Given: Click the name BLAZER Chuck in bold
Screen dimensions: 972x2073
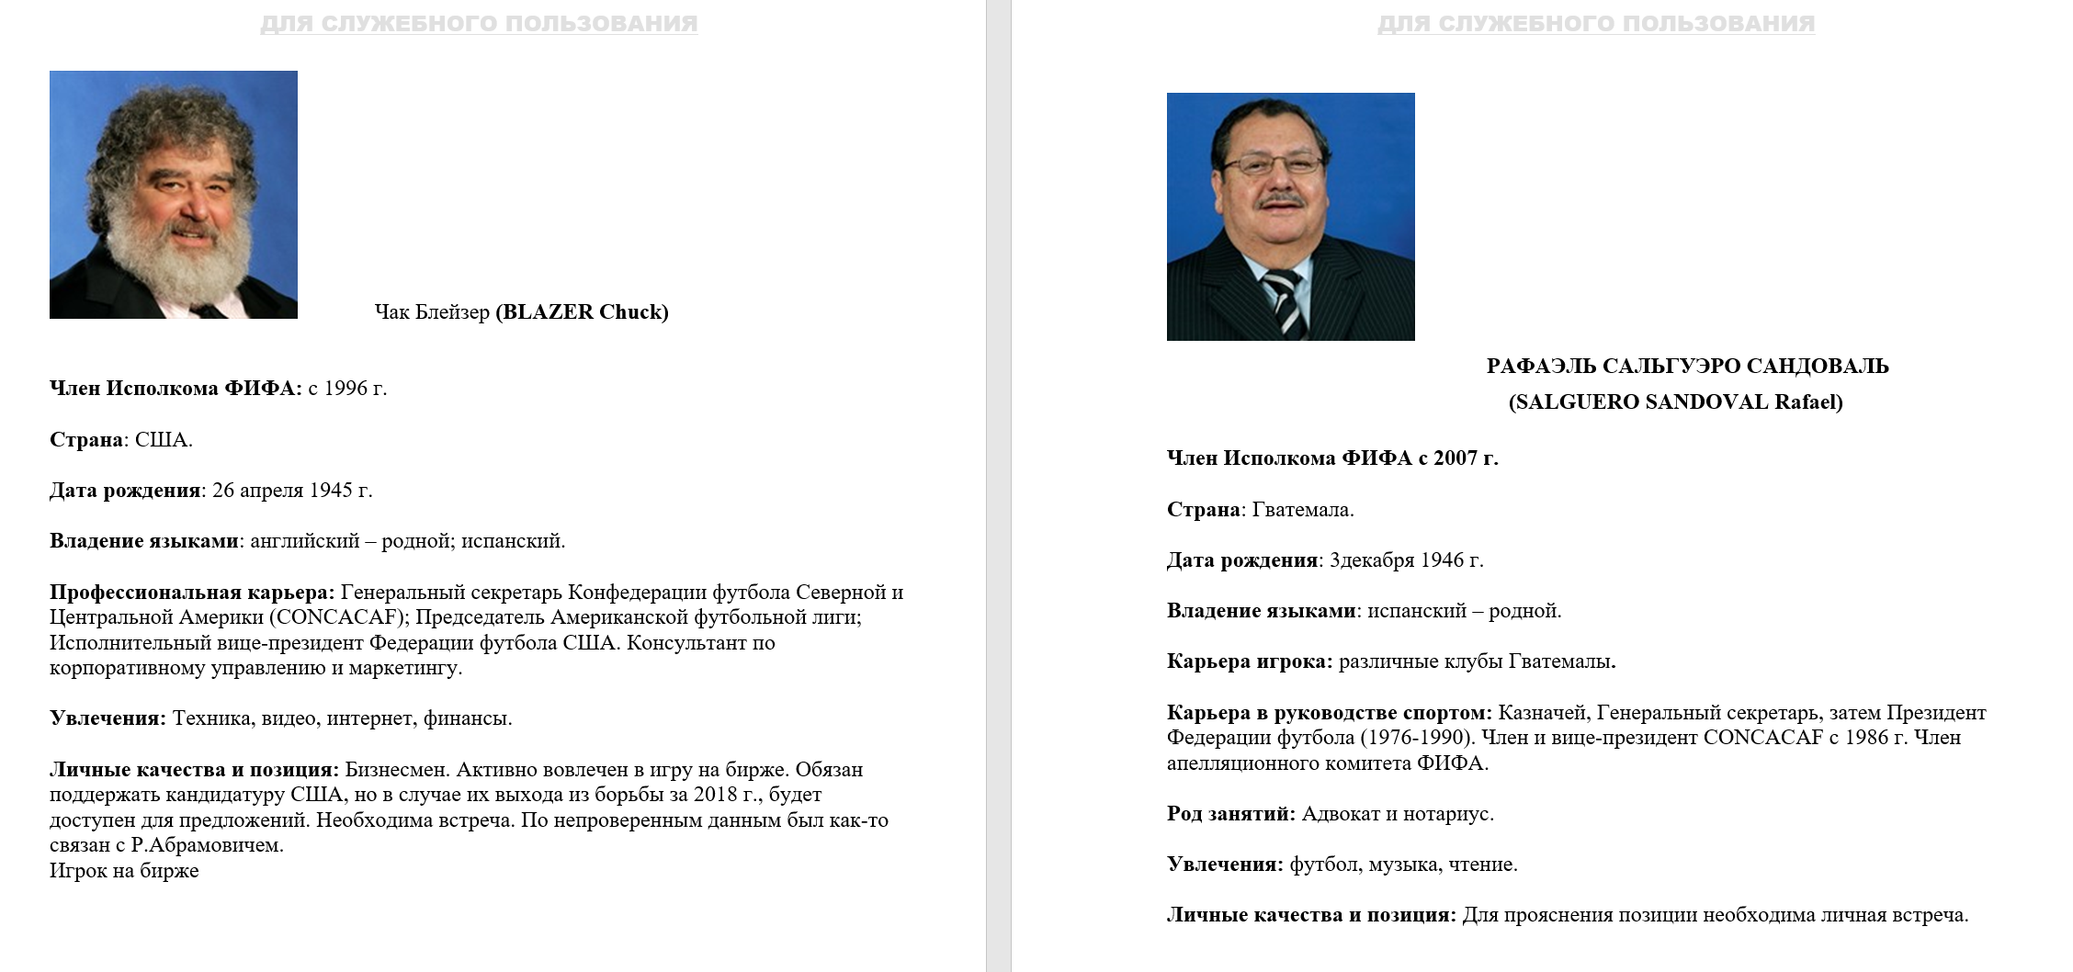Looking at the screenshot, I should coord(582,312).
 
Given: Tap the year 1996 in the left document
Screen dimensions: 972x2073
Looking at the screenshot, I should coord(345,389).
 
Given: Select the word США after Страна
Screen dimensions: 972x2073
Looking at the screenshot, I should coord(163,440).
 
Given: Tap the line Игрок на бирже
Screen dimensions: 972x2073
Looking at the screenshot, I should coord(124,871).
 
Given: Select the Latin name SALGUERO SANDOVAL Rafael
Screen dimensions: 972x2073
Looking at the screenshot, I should coord(1675,402).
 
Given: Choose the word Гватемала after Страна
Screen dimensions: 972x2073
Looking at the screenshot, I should coord(1302,510).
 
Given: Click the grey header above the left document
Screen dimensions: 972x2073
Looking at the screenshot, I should coord(479,24).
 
